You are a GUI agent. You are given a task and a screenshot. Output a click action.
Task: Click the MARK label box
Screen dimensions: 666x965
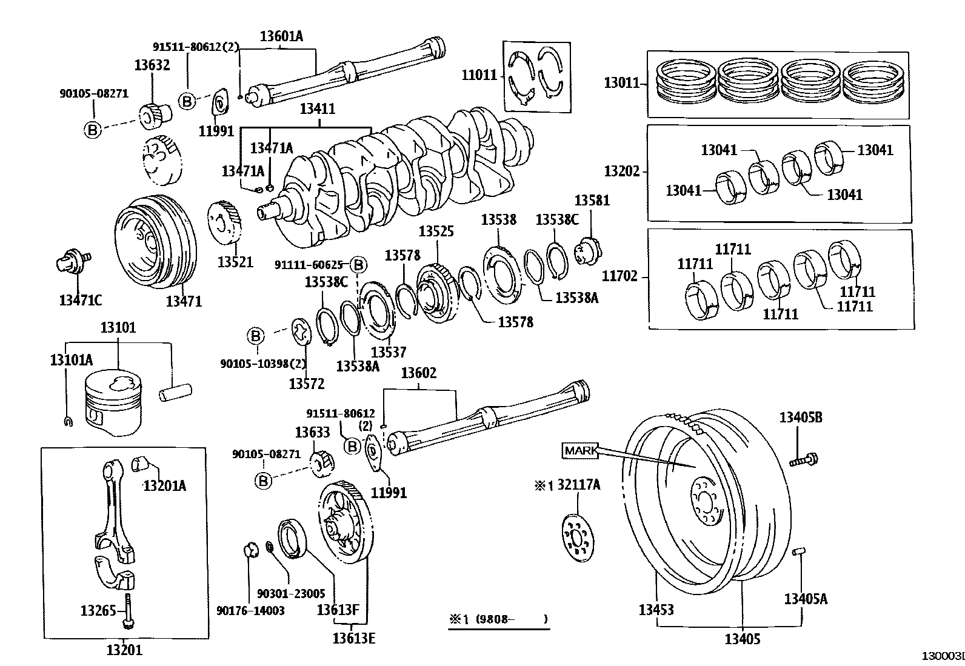point(580,451)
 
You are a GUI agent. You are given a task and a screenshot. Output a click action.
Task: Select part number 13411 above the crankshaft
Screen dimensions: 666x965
point(317,109)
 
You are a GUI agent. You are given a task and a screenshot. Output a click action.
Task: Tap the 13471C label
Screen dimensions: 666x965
point(80,300)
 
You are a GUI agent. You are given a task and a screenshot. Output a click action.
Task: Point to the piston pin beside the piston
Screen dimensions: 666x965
point(175,391)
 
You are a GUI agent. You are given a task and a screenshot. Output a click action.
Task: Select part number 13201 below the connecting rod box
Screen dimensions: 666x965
point(124,650)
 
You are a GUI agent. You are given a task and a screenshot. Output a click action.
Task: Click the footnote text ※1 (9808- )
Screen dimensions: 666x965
point(498,619)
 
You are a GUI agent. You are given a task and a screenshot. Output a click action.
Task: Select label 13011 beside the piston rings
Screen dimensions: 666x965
point(621,83)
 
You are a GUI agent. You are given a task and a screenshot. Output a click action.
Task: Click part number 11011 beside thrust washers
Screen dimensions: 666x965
point(479,75)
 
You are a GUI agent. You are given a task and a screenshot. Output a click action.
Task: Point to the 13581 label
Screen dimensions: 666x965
point(592,201)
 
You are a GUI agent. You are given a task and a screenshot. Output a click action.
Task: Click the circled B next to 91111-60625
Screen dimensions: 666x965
point(359,265)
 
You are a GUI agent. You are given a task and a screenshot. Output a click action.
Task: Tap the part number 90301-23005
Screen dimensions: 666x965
point(291,594)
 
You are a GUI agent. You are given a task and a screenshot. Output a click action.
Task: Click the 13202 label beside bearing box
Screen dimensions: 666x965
point(621,171)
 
